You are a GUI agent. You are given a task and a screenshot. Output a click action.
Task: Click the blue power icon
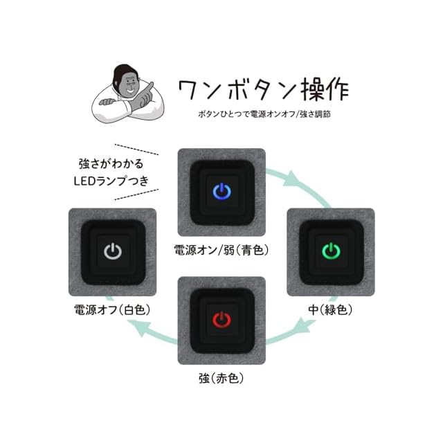click(221, 190)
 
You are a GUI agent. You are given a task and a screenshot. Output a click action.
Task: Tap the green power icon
click(331, 251)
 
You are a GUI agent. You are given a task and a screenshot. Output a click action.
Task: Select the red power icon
click(221, 320)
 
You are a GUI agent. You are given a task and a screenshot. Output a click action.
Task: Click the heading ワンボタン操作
click(263, 90)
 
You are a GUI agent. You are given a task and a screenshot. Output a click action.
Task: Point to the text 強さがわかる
click(110, 166)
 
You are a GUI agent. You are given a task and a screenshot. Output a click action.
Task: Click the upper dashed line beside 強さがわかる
click(136, 150)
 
